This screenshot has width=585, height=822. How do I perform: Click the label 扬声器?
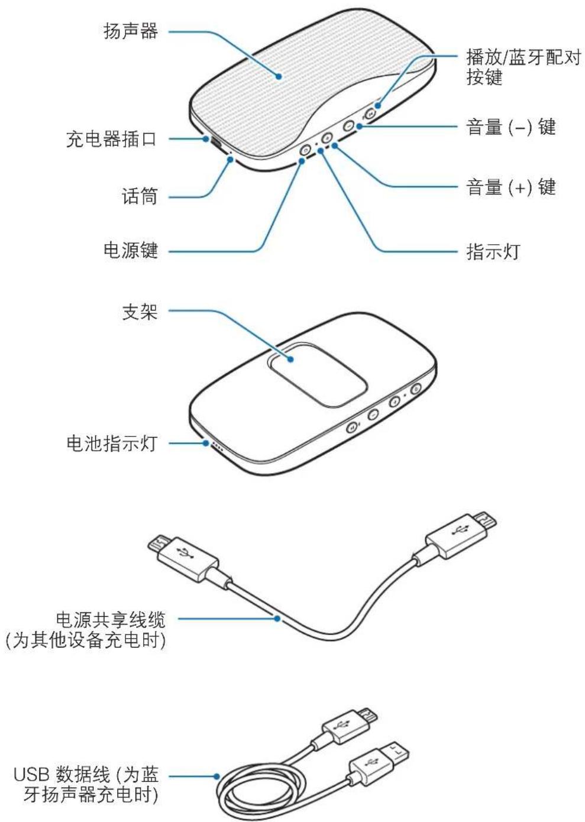pyautogui.click(x=131, y=31)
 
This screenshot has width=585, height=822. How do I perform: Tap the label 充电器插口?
pyautogui.click(x=111, y=140)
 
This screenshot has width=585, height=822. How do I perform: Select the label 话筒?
pyautogui.click(x=140, y=196)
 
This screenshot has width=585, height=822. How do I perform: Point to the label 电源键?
pyautogui.click(x=131, y=250)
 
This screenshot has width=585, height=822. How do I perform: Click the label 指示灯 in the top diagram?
pyautogui.click(x=493, y=251)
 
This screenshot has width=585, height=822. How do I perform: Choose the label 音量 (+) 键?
pyautogui.click(x=511, y=187)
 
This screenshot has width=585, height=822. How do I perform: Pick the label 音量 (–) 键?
pyautogui.click(x=511, y=127)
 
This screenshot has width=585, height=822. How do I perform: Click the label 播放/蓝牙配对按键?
pyautogui.click(x=523, y=67)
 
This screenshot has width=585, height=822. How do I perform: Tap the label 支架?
pyautogui.click(x=140, y=312)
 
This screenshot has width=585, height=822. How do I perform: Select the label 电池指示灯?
pyautogui.click(x=111, y=443)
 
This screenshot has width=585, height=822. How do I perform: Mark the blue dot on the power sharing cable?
pyautogui.click(x=277, y=619)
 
